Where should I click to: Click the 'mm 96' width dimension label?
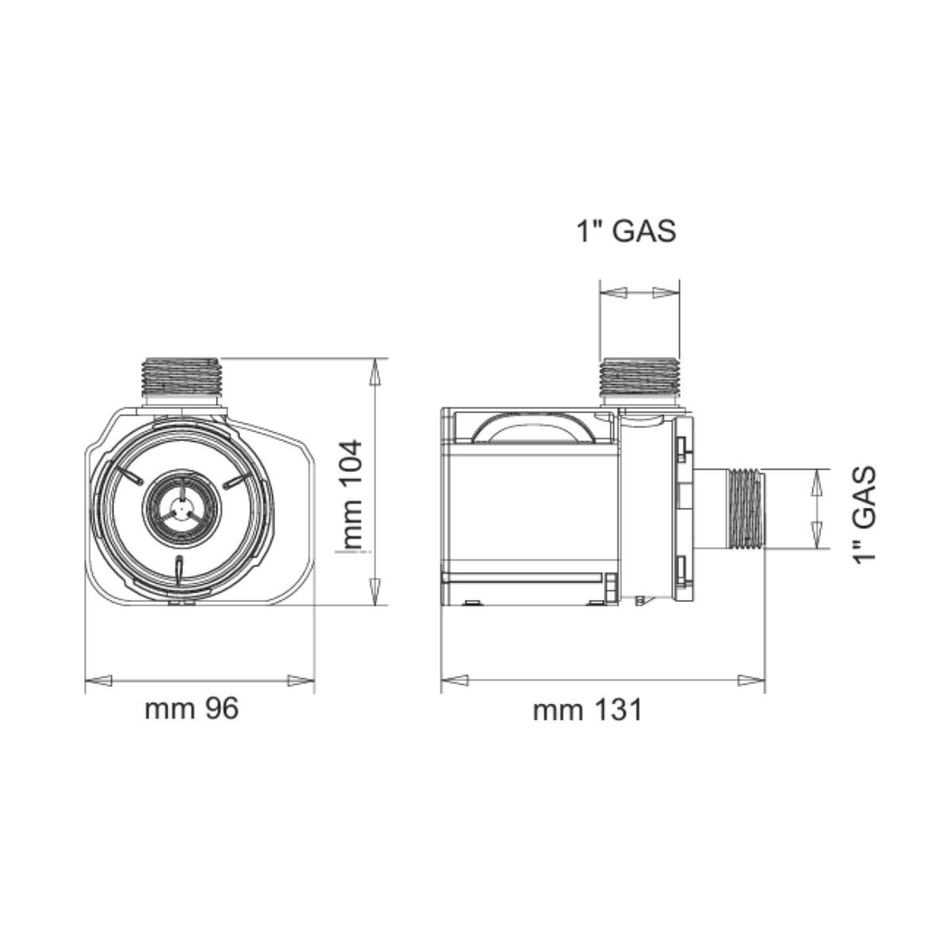pyautogui.click(x=191, y=708)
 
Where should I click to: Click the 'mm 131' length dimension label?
pyautogui.click(x=587, y=710)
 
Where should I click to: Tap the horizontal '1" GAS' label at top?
pyautogui.click(x=626, y=231)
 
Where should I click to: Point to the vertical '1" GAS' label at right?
pyautogui.click(x=864, y=515)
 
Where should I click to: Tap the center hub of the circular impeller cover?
pyautogui.click(x=182, y=508)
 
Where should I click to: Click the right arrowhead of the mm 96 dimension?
pyautogui.click(x=301, y=680)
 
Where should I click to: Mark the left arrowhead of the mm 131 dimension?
pyautogui.click(x=455, y=680)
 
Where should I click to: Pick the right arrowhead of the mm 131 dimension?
pyautogui.click(x=750, y=680)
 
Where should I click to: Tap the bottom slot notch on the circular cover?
pyautogui.click(x=180, y=570)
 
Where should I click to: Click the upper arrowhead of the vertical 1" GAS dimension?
pyautogui.click(x=816, y=482)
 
